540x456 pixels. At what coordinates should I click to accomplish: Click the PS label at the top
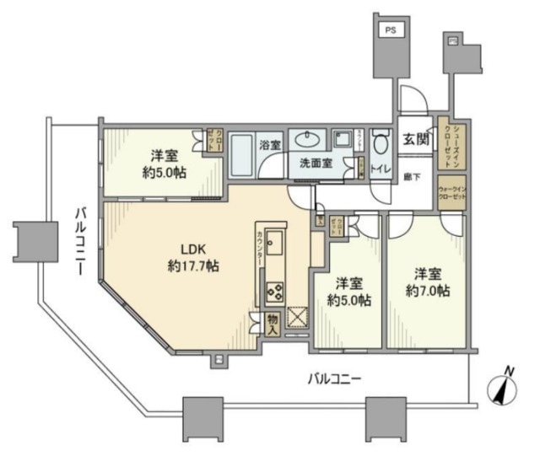[x=390, y=30]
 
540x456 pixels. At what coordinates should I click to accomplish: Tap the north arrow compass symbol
[x=503, y=389]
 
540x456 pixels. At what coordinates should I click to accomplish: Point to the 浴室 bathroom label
[x=270, y=145]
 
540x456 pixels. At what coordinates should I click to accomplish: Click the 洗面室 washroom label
[x=312, y=163]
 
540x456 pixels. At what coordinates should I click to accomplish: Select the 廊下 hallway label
[x=413, y=177]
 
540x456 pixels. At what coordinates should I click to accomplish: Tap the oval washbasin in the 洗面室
[x=305, y=139]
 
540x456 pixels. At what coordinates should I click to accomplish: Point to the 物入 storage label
[x=272, y=325]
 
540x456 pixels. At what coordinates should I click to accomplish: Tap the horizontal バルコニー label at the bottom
[x=334, y=380]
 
